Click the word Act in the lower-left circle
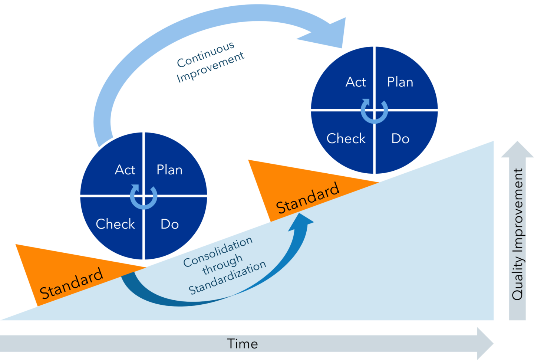coord(125,170)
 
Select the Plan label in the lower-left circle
coord(169,170)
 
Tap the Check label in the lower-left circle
coord(115,224)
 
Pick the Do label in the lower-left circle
coord(170,224)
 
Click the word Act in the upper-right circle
coord(356,82)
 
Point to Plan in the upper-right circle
coord(400,82)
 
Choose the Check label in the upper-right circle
coord(346,139)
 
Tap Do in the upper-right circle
coord(400,139)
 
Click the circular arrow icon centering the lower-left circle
coord(144,196)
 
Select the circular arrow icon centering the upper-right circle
coord(375,111)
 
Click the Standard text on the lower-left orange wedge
coord(71,283)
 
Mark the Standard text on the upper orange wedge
coord(308,198)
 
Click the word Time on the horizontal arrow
coord(243,344)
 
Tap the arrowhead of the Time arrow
coord(485,343)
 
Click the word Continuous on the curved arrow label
coord(205,55)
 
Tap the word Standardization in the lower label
coord(227,278)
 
